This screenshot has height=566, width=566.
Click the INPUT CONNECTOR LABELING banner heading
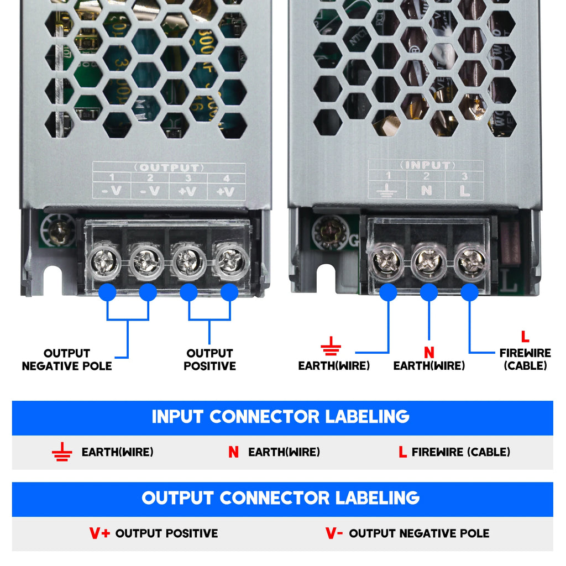[x=281, y=417]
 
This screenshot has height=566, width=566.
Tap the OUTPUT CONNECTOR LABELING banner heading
[x=281, y=498]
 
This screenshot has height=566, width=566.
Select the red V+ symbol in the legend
[x=99, y=533]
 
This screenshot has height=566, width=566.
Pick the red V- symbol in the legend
[x=334, y=533]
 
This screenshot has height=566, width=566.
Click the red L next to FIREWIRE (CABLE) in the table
[x=402, y=452]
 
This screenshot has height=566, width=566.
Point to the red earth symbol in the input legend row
[x=62, y=452]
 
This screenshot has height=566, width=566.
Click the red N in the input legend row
[x=233, y=452]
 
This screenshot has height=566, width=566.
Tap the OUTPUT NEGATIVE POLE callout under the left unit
[x=67, y=359]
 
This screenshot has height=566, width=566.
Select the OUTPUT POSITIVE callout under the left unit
[x=209, y=359]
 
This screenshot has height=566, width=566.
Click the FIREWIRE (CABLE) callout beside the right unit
[x=525, y=359]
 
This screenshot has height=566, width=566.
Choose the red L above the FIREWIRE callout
[x=525, y=336]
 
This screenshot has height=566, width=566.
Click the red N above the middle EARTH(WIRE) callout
[x=429, y=352]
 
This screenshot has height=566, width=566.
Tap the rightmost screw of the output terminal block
[x=230, y=260]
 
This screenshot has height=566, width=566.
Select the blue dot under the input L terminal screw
[x=470, y=292]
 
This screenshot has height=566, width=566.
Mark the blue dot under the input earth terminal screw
[x=388, y=292]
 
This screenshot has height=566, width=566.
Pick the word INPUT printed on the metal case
[x=426, y=165]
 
